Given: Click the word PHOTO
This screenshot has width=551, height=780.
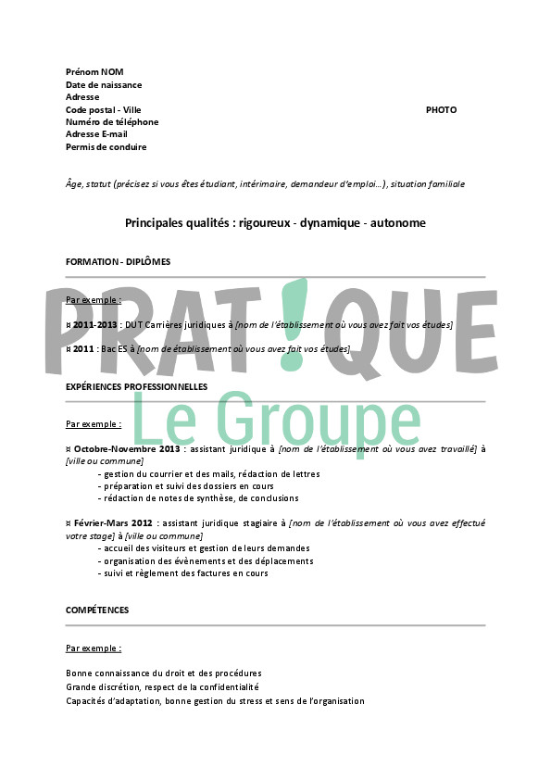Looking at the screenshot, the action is (441, 110).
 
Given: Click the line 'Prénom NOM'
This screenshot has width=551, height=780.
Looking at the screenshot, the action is (94, 72).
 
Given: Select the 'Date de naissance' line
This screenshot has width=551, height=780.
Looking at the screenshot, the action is (104, 85).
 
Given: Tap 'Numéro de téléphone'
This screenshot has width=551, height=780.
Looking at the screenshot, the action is (112, 122).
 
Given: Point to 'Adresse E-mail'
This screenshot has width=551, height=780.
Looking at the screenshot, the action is (96, 134).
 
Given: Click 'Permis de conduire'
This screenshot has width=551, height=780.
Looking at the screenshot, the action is (106, 147).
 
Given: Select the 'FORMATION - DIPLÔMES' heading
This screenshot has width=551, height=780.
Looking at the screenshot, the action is (118, 262).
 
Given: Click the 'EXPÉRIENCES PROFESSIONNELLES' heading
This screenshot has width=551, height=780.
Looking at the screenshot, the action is (136, 386).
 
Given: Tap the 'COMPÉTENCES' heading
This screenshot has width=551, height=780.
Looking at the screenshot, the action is (97, 610).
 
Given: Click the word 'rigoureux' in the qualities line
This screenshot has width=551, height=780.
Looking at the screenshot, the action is (262, 223).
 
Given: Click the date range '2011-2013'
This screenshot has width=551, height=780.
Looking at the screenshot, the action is (94, 325).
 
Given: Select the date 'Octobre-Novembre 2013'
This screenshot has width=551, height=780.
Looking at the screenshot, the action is (127, 448).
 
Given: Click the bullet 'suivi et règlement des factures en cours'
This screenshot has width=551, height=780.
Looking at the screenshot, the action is (185, 573).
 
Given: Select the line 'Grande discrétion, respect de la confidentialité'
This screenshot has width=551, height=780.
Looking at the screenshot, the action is (162, 687).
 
